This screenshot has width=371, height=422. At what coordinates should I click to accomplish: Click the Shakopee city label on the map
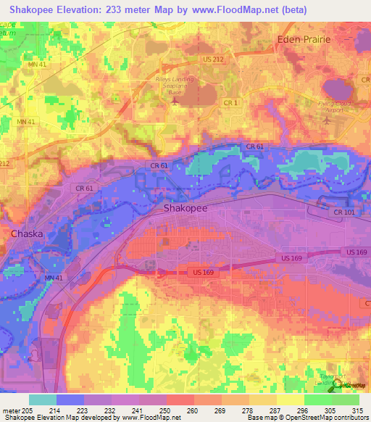[x=183, y=208]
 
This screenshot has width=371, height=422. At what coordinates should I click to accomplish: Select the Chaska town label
[x=27, y=234]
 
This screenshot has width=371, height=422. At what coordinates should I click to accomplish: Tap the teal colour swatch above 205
[x=43, y=400]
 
